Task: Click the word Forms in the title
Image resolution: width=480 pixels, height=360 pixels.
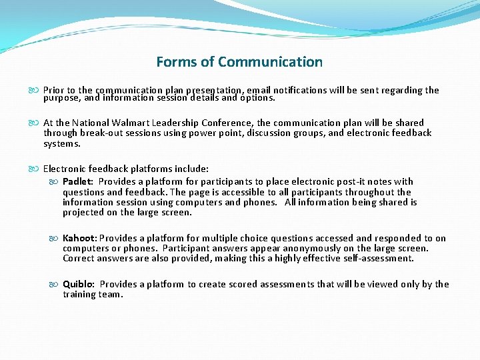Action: tap(177, 62)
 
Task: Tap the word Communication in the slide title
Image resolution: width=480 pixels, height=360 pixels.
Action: tap(270, 62)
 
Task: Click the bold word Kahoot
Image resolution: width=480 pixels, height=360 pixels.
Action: tap(79, 238)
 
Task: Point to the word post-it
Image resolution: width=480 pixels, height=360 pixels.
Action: tap(354, 181)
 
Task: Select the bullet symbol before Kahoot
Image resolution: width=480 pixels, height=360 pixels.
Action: tap(56, 238)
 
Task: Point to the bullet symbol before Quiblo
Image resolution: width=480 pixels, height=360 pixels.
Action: tap(56, 284)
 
